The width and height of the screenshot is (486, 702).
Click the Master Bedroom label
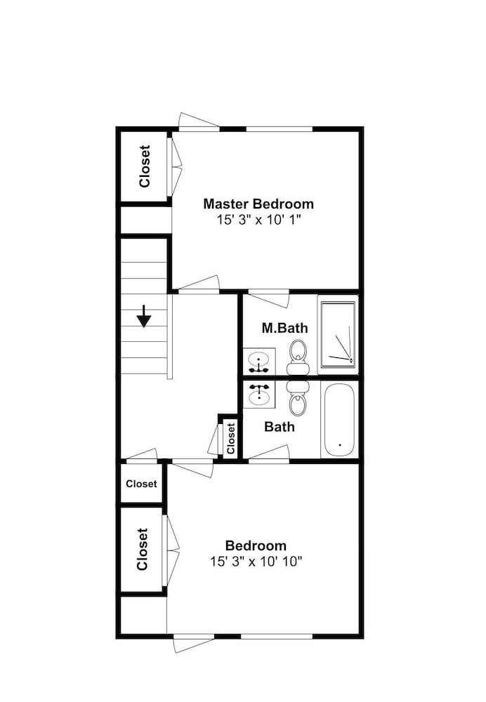[x=258, y=204]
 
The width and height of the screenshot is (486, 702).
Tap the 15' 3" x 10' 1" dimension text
[x=258, y=220]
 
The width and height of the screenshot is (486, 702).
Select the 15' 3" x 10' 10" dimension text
[x=256, y=562]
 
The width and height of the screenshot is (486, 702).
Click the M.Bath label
[x=285, y=328]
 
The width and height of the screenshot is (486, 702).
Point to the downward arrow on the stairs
[x=144, y=316]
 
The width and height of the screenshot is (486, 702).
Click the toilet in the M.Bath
[x=298, y=357]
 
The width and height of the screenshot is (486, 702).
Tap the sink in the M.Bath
[x=259, y=361]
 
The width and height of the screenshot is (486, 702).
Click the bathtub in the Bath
[x=339, y=420]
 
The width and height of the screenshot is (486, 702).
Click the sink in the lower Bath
[x=259, y=394]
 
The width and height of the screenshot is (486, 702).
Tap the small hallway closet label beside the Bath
[x=231, y=439]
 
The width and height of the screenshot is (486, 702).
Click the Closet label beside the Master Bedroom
[x=144, y=166]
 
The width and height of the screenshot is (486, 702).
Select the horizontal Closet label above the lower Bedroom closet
[x=142, y=484]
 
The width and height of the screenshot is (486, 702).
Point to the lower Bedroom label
[x=256, y=545]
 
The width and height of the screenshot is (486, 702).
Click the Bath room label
[x=280, y=427]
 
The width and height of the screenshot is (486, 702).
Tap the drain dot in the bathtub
[x=340, y=445]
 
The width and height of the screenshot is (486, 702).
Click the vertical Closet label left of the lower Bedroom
[x=143, y=550]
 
